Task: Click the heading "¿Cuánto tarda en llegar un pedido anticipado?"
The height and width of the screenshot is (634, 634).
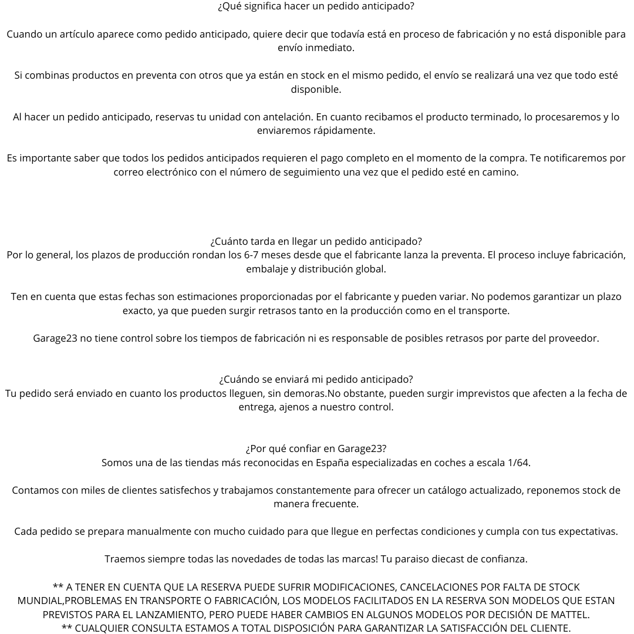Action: (316, 241)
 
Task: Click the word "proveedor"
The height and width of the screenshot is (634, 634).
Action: (573, 338)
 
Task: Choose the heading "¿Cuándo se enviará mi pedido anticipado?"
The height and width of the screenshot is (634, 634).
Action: (316, 379)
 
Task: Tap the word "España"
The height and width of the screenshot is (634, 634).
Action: (333, 463)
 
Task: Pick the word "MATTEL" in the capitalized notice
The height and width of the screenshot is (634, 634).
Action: (568, 615)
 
